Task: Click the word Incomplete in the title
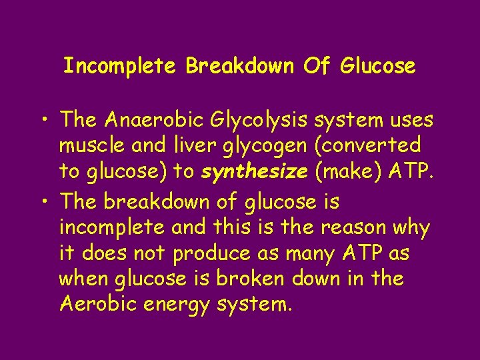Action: (121, 66)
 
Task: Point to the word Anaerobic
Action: (154, 120)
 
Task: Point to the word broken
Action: (261, 279)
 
